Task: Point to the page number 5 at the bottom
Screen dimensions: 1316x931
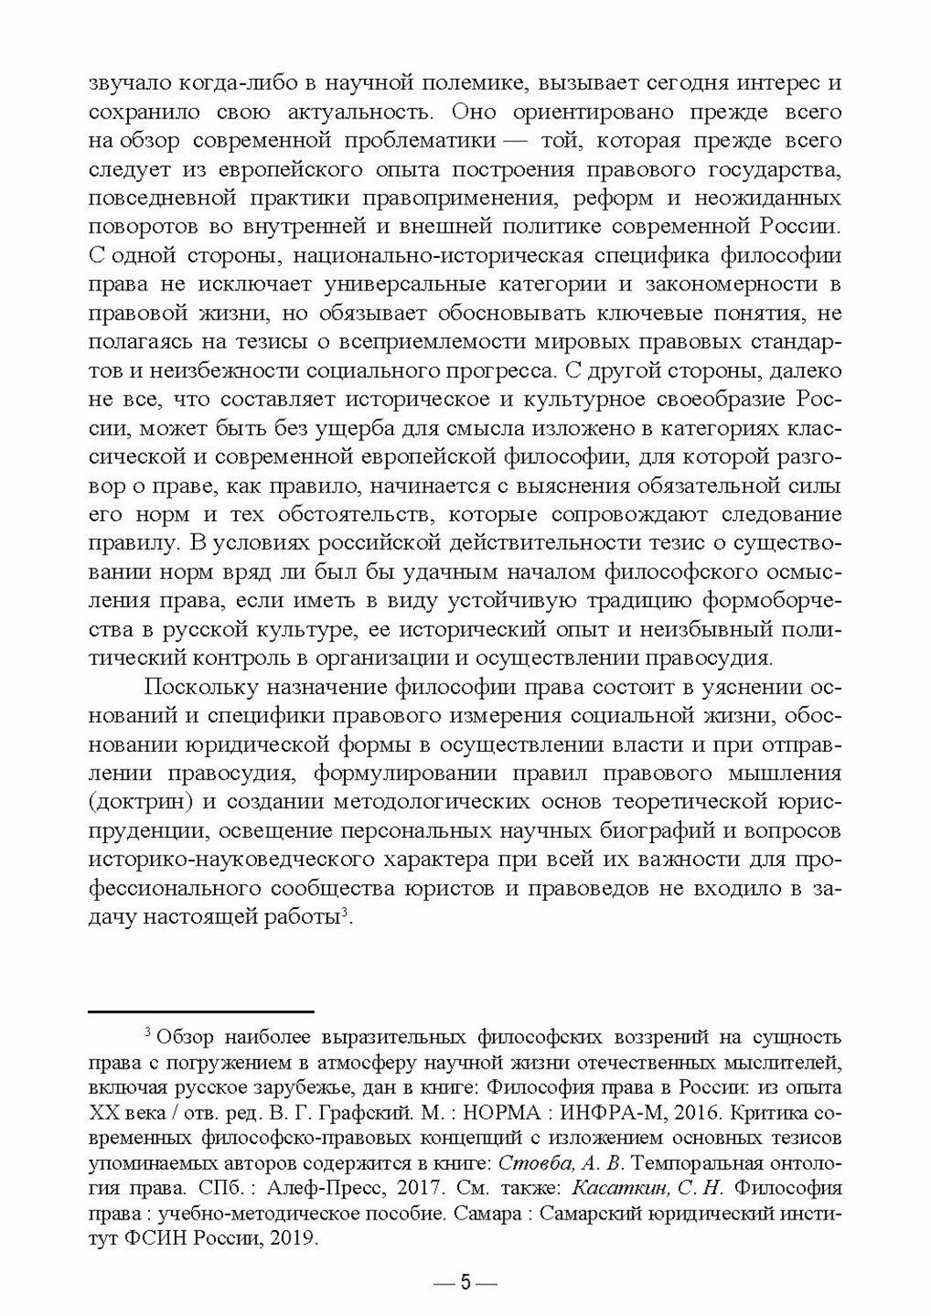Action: (466, 1283)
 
